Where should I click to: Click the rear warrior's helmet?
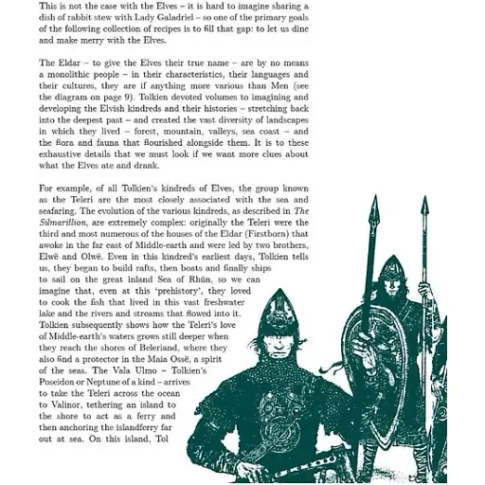(x=391, y=276)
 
